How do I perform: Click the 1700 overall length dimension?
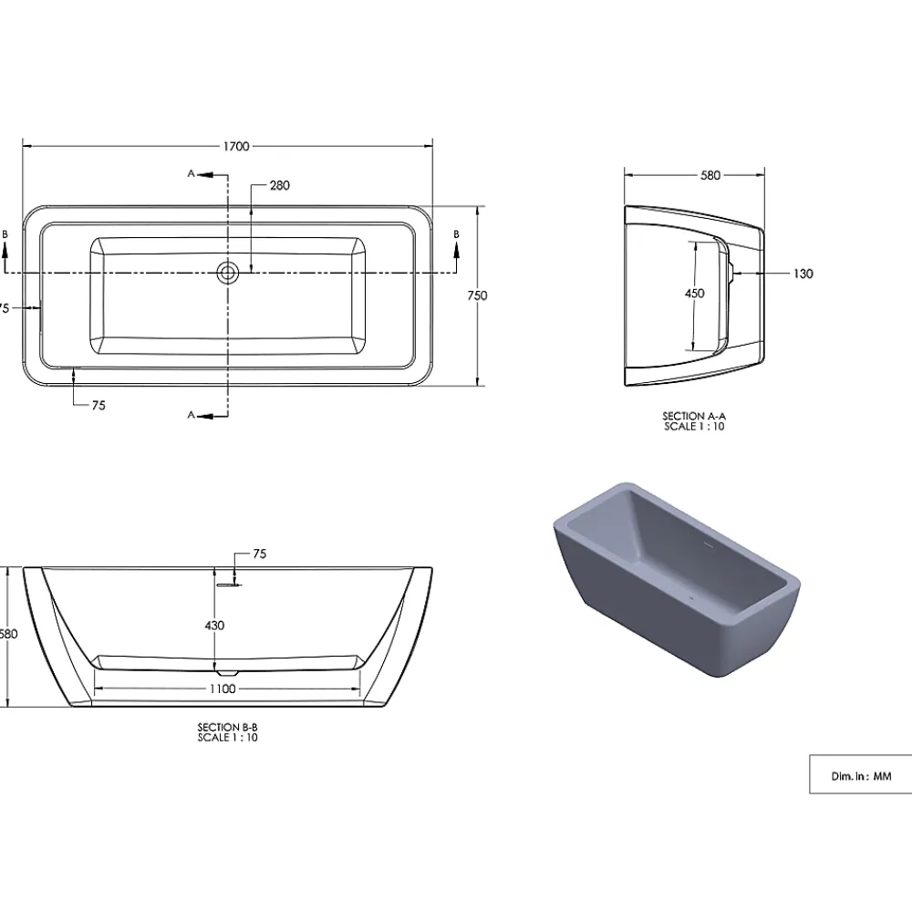point(236,146)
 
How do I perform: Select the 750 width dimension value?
point(477,295)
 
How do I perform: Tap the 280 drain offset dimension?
point(279,185)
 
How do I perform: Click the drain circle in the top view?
point(228,272)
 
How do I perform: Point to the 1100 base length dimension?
point(223,689)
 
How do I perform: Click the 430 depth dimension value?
point(214,626)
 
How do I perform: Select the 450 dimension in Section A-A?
point(694,294)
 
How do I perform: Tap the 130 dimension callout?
point(803,274)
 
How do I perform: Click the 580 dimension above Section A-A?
point(710,175)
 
